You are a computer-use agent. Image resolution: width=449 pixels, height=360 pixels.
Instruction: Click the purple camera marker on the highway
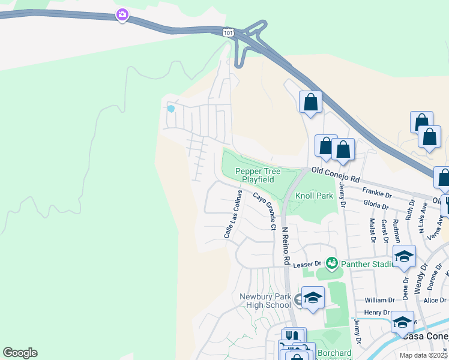click(x=122, y=14)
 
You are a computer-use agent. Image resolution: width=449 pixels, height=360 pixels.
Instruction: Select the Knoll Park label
click(x=314, y=196)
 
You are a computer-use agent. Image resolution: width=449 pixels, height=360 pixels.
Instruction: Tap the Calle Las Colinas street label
click(x=234, y=214)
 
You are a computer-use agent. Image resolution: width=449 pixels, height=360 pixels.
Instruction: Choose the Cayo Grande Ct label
click(x=264, y=211)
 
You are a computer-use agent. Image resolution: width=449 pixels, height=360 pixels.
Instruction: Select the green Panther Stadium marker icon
click(x=331, y=263)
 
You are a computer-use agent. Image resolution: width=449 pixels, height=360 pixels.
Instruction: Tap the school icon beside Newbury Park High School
click(x=313, y=298)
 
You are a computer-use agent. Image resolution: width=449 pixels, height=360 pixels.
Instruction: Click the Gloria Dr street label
click(x=376, y=205)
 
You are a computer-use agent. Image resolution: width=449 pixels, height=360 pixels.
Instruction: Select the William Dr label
click(x=380, y=300)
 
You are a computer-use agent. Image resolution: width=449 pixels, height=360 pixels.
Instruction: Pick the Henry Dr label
click(x=378, y=313)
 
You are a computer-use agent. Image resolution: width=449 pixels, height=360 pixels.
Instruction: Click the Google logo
click(x=20, y=353)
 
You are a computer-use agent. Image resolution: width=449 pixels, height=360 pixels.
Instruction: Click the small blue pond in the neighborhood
click(x=171, y=109)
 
